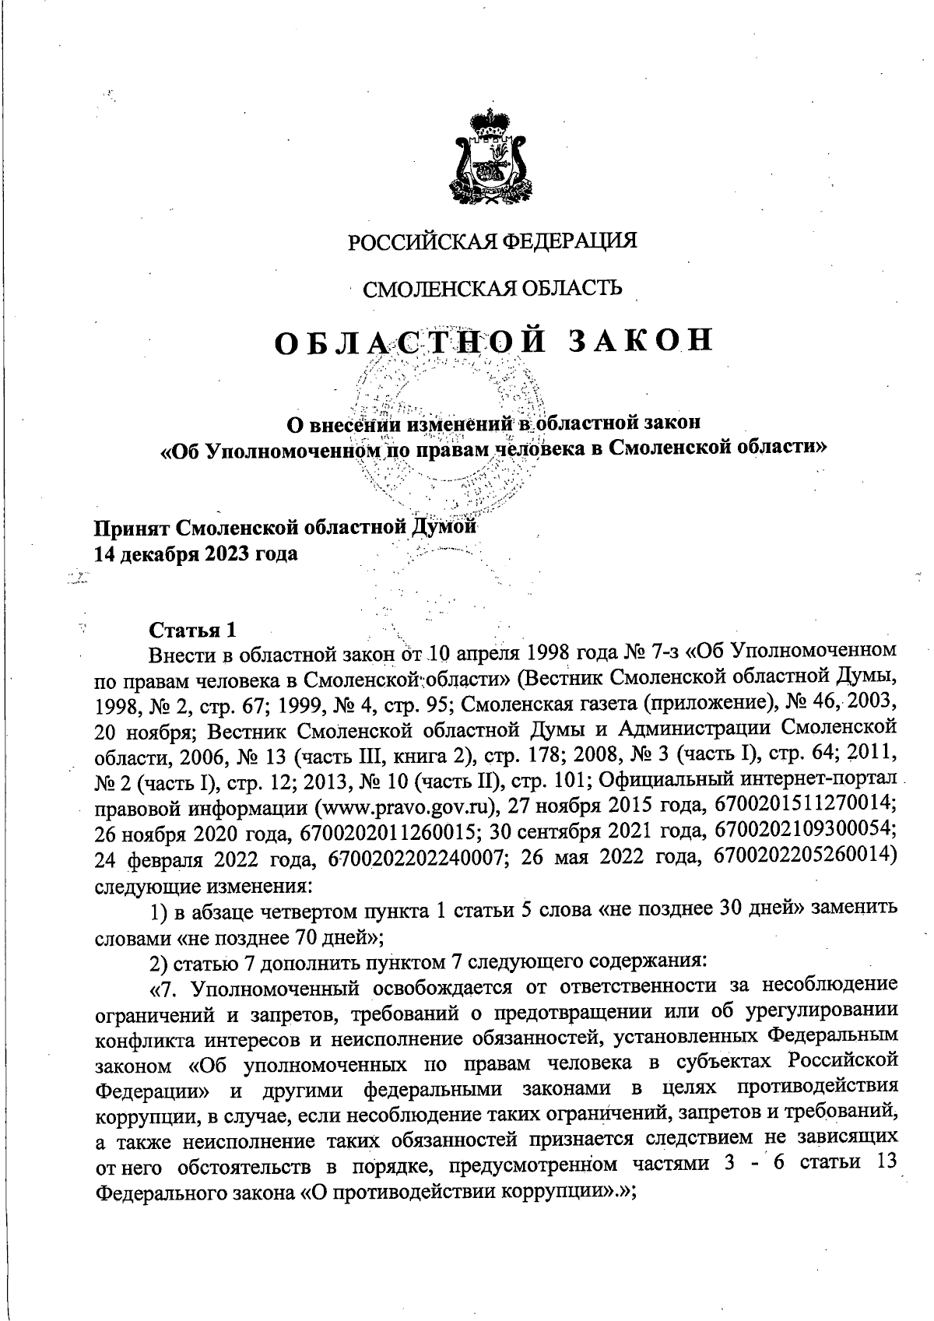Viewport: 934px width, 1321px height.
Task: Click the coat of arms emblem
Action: (491, 156)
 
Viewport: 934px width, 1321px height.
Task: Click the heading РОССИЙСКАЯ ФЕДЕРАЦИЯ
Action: (492, 241)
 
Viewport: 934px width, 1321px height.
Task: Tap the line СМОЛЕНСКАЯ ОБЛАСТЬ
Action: (493, 289)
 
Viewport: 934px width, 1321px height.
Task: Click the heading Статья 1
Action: (191, 628)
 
